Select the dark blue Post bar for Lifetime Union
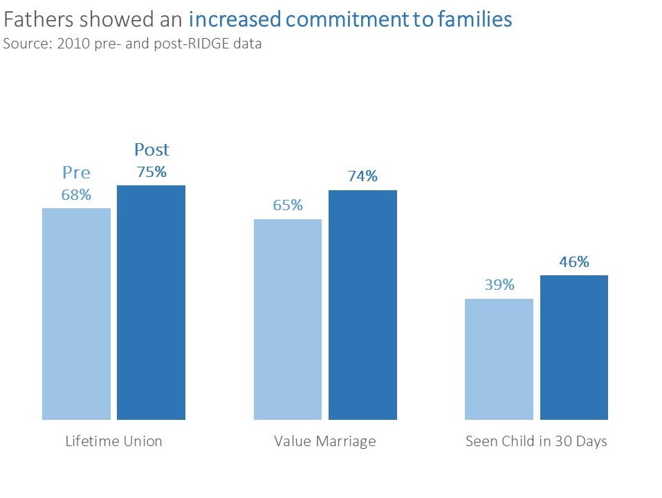pos(151,302)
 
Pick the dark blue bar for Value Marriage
pos(362,304)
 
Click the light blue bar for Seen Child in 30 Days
pos(499,359)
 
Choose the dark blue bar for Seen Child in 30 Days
pos(573,347)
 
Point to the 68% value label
pos(76,195)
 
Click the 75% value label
pos(151,172)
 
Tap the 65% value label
pos(288,205)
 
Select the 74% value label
pos(362,176)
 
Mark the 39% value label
pos(499,285)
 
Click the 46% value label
pos(574,262)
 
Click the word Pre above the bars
pos(76,172)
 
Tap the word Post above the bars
pos(151,149)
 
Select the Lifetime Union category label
pos(113,441)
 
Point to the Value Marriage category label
pos(325,441)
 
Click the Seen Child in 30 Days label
pos(536,441)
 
